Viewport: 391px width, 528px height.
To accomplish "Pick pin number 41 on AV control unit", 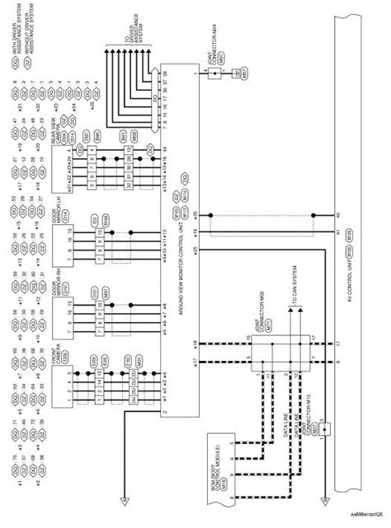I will [337, 233].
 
